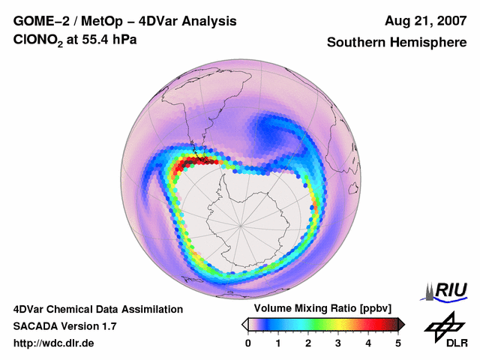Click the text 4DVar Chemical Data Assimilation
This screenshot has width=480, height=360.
tap(98, 309)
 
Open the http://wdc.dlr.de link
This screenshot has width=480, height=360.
tap(54, 343)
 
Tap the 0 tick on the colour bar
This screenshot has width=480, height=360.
tap(248, 343)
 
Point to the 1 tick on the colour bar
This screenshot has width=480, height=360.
tap(278, 343)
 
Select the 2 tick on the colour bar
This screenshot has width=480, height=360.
tap(308, 343)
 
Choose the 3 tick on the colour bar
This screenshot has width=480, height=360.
tap(338, 343)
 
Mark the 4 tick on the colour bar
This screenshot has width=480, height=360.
tap(368, 343)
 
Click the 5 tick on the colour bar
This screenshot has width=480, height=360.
tap(398, 343)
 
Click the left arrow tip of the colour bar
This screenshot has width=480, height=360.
tap(244, 324)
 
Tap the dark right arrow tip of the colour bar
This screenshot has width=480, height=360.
tap(402, 324)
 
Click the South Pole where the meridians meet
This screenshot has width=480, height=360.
tap(241, 224)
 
